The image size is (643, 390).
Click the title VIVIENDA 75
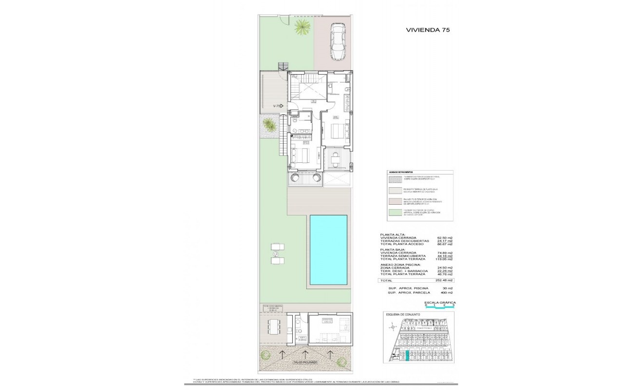click(428, 30)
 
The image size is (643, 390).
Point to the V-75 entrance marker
click(278, 106)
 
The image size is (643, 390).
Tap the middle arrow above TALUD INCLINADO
click(305, 353)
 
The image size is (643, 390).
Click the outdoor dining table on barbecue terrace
click(274, 327)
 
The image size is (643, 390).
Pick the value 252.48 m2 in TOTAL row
click(444, 281)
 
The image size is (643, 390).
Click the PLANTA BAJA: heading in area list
click(393, 249)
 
